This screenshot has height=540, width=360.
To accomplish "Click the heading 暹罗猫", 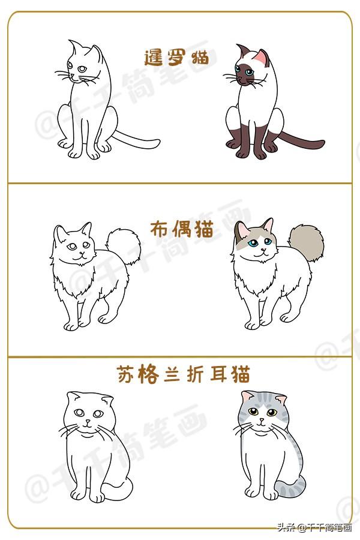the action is [176, 58].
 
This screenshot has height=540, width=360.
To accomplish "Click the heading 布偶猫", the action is [182, 229].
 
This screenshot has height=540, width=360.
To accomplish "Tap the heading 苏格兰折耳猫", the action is [183, 374].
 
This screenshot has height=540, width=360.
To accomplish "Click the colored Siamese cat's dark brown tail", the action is [301, 140].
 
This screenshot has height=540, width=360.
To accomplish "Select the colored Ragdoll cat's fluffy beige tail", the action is [306, 243].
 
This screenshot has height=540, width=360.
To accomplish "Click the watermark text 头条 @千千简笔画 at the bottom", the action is [314, 527].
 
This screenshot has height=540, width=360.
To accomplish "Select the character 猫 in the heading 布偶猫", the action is [204, 229].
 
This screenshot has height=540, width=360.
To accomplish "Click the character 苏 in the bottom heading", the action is [125, 374].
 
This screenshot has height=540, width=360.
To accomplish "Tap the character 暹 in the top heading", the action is [153, 58].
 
